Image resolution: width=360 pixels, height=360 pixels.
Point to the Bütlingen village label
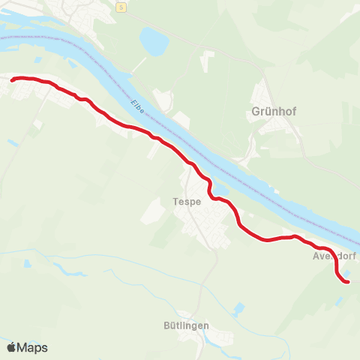point(186,325)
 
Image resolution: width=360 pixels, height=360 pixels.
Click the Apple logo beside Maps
point(11,347)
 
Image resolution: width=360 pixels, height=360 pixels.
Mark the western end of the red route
point(13,79)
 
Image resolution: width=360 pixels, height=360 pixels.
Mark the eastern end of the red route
point(348,281)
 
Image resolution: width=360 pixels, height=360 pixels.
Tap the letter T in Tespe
point(175,201)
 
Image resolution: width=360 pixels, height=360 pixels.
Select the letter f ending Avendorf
point(355,256)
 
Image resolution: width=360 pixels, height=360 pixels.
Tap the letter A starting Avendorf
point(316,256)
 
